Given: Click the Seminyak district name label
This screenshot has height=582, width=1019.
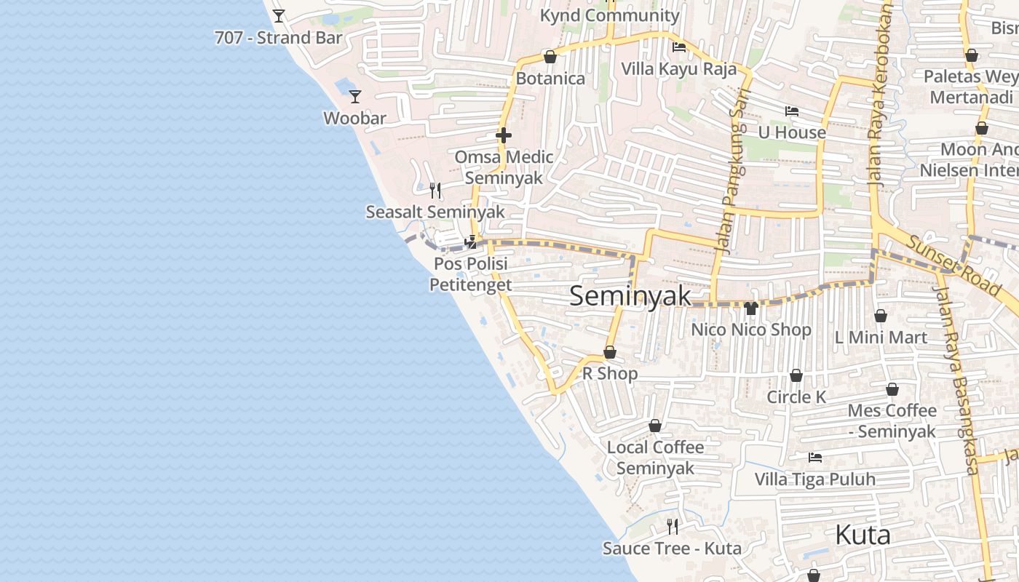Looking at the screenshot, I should pos(630,296).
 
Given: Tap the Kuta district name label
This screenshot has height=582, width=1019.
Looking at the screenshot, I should pos(863,535).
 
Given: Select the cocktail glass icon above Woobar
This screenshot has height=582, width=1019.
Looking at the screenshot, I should pos(354,96).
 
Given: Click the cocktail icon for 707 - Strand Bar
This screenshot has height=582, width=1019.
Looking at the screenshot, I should pos(279,15).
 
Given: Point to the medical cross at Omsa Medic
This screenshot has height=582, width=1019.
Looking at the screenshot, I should pos(503,135).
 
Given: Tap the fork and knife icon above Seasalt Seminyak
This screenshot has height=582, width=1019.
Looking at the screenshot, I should pos(435,191).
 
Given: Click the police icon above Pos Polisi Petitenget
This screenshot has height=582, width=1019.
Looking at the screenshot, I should pos(471,242).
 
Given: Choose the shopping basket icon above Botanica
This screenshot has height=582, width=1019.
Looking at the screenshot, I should pos(550,57).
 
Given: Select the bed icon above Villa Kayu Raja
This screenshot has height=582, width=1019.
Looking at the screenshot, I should pos(679,47).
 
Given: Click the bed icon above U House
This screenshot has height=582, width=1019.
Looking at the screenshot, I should pos(792,111).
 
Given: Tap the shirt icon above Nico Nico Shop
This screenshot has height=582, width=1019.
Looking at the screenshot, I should pos(751,308).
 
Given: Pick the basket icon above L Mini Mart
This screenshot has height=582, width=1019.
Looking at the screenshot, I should pos(881,316).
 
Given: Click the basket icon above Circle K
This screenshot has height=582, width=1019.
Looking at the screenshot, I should pos(796,375).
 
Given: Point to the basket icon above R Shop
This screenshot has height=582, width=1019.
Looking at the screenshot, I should pos(610,352).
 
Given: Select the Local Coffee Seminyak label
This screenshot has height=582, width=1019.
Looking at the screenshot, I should pos(656,458).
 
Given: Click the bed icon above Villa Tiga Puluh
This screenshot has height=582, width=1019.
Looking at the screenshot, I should pos(815,458).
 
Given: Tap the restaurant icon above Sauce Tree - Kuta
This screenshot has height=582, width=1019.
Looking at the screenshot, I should pos(673,526).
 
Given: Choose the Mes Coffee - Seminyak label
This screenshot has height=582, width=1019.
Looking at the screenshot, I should pos(892,421).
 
